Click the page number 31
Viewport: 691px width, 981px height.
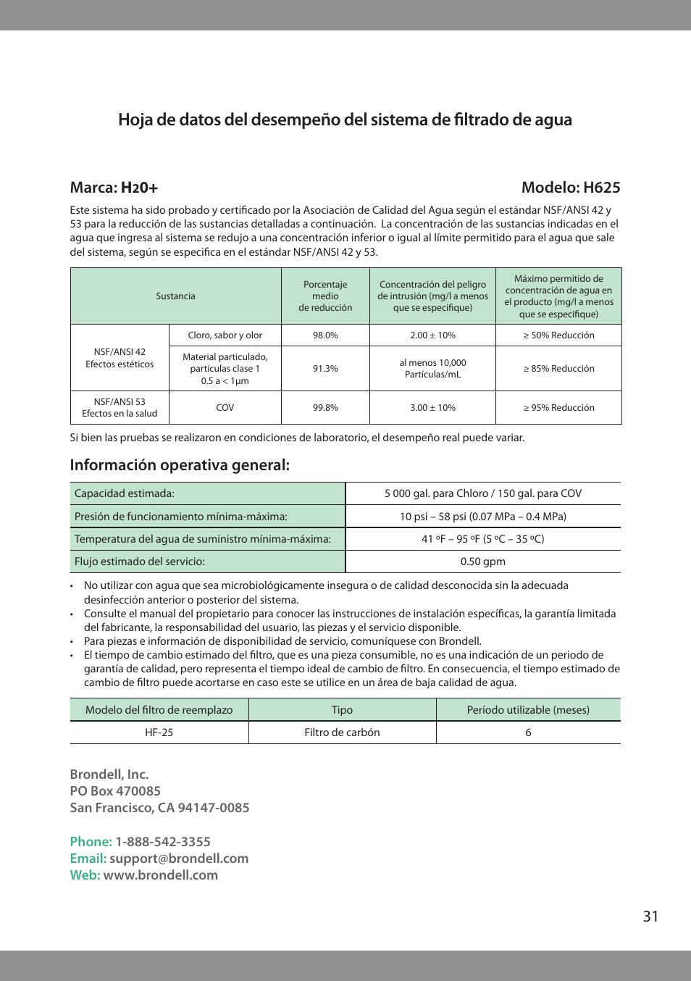tap(650, 917)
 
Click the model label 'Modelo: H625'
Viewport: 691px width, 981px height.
tap(571, 188)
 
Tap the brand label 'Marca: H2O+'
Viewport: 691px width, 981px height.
tap(114, 188)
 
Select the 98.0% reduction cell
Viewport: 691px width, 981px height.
tap(325, 335)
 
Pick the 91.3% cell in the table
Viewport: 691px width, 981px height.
tap(325, 369)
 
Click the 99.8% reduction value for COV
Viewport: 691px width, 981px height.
tap(325, 408)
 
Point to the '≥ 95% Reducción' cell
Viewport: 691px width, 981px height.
tap(558, 408)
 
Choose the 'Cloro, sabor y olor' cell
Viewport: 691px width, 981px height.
tap(225, 335)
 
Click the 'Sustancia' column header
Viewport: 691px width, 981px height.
tap(175, 296)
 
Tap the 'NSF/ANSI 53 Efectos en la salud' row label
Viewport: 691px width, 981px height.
tap(120, 408)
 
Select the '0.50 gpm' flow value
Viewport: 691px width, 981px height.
tap(483, 562)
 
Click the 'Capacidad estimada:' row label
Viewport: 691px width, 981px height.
tap(125, 493)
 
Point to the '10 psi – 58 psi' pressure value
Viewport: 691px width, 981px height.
tap(483, 517)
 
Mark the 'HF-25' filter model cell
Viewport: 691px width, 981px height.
tap(159, 732)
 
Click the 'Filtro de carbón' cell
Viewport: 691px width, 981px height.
tap(342, 732)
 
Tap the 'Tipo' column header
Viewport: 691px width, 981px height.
tap(342, 710)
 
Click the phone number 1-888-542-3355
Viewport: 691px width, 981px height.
tap(163, 842)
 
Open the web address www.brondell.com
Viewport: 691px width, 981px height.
tap(160, 875)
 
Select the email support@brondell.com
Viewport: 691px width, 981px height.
tap(179, 859)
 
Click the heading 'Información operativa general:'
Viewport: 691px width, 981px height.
tap(180, 465)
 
